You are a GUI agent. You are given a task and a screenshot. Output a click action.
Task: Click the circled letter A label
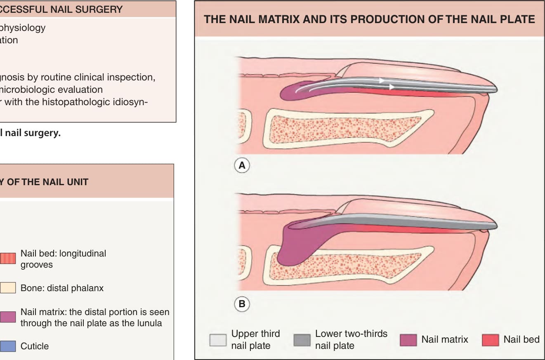pos(242,165)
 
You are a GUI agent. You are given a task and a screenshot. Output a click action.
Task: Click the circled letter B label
pos(242,304)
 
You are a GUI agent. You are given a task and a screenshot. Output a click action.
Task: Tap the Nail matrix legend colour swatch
pos(408,340)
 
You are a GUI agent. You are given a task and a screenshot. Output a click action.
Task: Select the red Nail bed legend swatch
pos(491,340)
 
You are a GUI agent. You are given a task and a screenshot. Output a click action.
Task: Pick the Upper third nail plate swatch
pos(218,340)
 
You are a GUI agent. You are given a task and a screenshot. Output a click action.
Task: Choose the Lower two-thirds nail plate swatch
pos(302,340)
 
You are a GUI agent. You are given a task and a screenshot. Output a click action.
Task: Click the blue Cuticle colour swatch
pos(7,346)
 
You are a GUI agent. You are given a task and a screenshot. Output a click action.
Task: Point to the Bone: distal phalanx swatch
pos(7,288)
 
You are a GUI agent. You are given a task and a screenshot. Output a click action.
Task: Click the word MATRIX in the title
pos(277,19)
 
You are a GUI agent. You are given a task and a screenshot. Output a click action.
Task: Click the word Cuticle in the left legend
pos(35,346)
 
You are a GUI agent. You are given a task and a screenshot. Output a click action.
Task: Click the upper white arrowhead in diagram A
pos(382,80)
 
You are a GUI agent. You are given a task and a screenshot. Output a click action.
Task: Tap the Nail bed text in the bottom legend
pos(521,339)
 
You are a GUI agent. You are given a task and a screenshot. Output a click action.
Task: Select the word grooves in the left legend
pos(36,265)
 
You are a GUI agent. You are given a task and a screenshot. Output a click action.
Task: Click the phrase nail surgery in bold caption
pos(33,133)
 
